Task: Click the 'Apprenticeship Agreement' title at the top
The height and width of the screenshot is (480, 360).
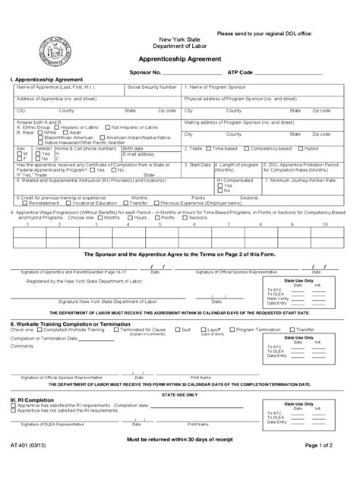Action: click(x=179, y=58)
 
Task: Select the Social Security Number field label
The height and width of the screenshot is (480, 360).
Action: click(x=152, y=87)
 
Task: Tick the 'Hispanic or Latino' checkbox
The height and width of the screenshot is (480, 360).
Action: click(x=43, y=127)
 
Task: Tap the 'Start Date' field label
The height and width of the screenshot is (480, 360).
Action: click(x=200, y=164)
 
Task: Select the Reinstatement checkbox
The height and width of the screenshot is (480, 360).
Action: click(x=27, y=203)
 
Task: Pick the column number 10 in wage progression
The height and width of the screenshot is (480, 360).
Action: click(x=324, y=225)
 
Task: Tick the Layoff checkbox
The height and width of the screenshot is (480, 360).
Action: click(x=204, y=330)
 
